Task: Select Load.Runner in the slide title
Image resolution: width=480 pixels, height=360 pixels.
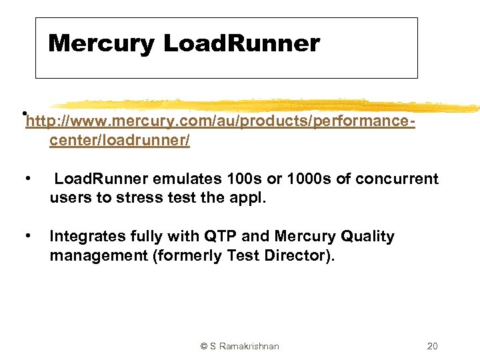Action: point(241,44)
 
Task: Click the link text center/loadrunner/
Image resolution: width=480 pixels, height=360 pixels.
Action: point(119,140)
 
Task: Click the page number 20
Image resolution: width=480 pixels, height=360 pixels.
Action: point(432,346)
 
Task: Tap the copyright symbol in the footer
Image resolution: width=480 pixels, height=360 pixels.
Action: point(204,346)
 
